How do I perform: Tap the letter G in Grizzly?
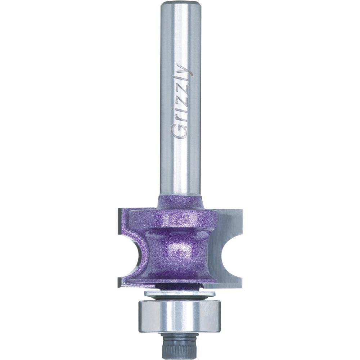179,130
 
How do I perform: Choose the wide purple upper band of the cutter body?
173,218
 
